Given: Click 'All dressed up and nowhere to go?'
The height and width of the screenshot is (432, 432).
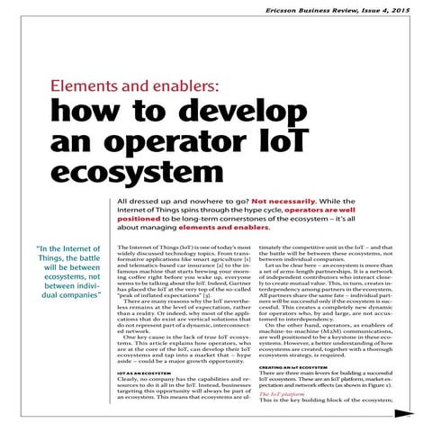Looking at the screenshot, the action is (x=176, y=203).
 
